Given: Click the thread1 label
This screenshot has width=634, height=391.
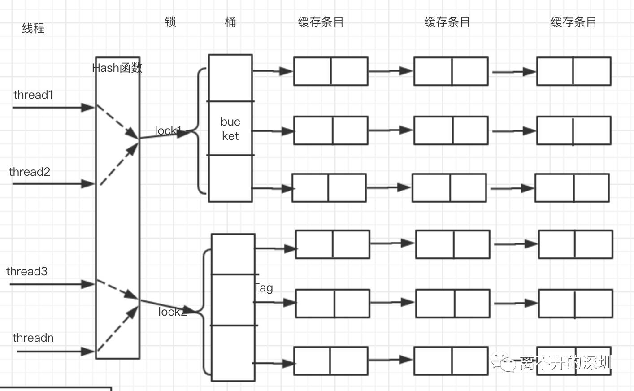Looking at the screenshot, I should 33,95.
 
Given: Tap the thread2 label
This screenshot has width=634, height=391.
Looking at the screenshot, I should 30,172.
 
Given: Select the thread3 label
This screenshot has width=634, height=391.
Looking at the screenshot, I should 27,271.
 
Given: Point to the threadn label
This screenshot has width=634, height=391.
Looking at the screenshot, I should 33,338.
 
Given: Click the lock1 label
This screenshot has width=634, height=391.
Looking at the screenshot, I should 168,130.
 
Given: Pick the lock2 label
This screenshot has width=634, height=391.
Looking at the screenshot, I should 172,312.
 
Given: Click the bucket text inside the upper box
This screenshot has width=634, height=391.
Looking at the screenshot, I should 230,129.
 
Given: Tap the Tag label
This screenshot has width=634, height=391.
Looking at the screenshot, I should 263,287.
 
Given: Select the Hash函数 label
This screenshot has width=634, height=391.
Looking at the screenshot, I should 117,68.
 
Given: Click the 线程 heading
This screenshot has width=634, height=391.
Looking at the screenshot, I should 33,28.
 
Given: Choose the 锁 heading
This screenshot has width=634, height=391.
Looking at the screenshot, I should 170,22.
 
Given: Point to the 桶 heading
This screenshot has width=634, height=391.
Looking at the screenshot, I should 230,22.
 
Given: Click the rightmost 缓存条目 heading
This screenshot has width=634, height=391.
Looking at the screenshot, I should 573,22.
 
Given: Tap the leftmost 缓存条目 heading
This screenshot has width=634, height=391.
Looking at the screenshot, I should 321,22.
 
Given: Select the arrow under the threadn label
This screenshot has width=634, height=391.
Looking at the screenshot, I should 56,352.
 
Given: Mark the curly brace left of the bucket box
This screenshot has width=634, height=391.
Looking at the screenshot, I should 200,131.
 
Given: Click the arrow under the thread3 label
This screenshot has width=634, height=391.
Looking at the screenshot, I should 52,284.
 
